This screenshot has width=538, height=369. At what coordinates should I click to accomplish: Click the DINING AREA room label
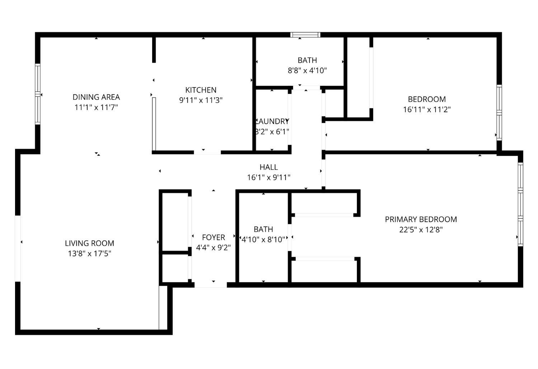(96, 97)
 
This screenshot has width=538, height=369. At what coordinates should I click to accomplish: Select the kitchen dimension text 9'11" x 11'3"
(201, 100)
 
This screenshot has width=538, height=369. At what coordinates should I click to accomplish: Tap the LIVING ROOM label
(89, 243)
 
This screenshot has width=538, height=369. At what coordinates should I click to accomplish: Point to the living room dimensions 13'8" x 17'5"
(89, 254)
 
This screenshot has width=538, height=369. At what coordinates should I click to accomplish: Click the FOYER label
(213, 237)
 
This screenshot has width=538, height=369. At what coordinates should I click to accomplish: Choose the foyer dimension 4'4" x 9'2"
(213, 247)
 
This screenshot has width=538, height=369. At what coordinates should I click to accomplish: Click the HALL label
(269, 167)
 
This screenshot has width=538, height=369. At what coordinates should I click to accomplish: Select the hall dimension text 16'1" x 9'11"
(269, 177)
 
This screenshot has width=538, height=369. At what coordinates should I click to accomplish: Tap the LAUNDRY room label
(272, 122)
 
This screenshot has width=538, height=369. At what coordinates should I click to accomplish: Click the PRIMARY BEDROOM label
(421, 219)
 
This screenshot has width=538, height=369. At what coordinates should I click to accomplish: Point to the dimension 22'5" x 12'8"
(421, 230)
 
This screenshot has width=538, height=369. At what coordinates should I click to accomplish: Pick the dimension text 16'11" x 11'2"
(427, 109)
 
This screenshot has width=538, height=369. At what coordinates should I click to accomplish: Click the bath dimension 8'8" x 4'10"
(307, 70)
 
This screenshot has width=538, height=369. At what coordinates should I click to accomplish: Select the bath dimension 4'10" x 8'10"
(264, 239)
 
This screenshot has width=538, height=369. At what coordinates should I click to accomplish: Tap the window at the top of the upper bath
(305, 35)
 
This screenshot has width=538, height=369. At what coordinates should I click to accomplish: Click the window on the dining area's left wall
(37, 94)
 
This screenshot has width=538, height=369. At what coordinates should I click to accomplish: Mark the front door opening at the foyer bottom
(211, 285)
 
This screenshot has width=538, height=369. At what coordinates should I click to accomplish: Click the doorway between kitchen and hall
(207, 152)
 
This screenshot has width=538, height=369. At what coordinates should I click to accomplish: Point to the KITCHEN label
(201, 90)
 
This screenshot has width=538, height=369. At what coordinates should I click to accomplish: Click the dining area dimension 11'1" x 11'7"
(96, 107)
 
